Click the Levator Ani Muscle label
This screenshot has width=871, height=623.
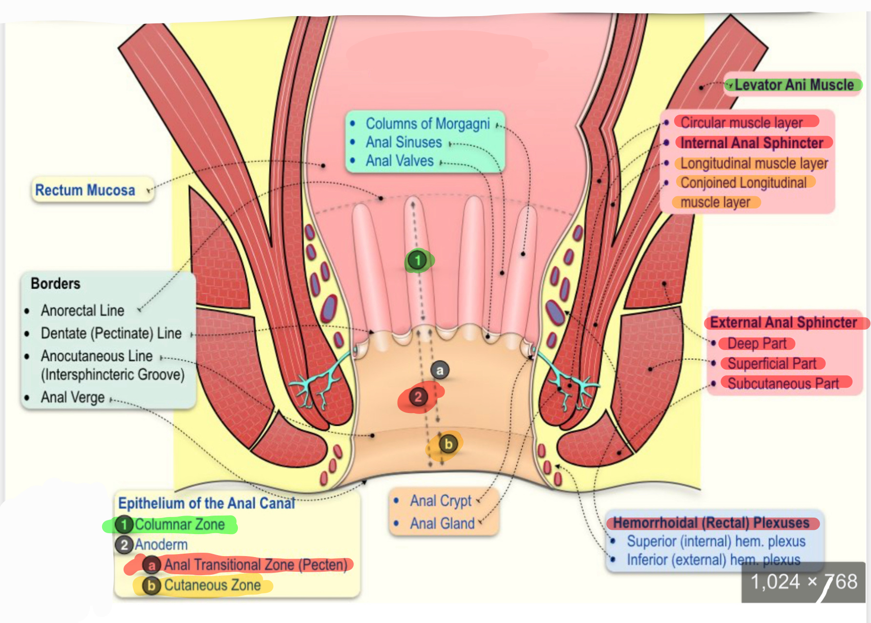tap(794, 85)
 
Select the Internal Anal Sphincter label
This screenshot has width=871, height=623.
tap(752, 143)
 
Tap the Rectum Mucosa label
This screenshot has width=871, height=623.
tap(85, 190)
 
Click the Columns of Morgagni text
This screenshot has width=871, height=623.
tap(427, 124)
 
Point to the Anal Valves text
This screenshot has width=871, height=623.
tap(400, 161)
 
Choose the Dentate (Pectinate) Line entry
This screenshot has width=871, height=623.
tap(111, 333)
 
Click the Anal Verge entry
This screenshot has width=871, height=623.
tap(72, 397)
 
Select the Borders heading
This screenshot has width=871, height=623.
tap(55, 284)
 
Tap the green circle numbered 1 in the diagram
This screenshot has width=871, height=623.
tap(418, 260)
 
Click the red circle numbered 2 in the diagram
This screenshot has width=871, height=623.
tap(418, 397)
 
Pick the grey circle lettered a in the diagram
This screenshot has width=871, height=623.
tap(440, 371)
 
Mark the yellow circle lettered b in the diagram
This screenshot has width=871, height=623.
tap(448, 444)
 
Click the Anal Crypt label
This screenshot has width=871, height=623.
tap(441, 501)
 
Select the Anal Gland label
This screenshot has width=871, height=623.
tap(442, 523)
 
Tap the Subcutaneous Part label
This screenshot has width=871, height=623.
tap(783, 384)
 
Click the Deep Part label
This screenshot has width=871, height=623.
tap(757, 344)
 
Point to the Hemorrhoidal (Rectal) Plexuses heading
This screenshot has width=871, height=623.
tap(711, 523)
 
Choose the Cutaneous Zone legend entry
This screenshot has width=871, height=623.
tap(212, 585)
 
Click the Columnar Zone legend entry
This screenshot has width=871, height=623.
tap(179, 524)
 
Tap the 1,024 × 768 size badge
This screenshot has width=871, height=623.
tap(804, 582)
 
